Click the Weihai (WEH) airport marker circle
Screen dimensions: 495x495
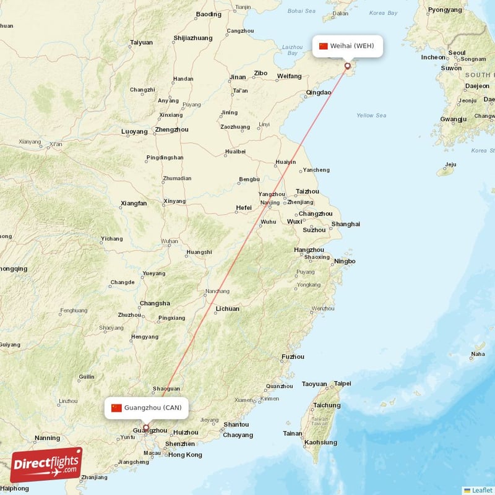pyautogui.click(x=347, y=66)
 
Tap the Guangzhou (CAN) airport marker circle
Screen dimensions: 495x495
pyautogui.click(x=146, y=427)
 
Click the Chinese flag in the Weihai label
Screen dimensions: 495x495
pyautogui.click(x=323, y=46)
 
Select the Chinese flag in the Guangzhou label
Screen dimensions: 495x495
pyautogui.click(x=116, y=407)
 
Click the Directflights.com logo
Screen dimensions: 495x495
pyautogui.click(x=46, y=465)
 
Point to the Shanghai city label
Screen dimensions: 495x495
pyautogui.click(x=345, y=224)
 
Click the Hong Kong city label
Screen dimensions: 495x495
pyautogui.click(x=185, y=455)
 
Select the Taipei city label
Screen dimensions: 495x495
pyautogui.click(x=342, y=384)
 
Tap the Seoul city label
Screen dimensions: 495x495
pyautogui.click(x=457, y=53)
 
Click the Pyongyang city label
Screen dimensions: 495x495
pyautogui.click(x=445, y=10)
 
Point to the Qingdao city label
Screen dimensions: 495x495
pyautogui.click(x=319, y=93)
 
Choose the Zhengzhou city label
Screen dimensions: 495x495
pyautogui.click(x=171, y=130)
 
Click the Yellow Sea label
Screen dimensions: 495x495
pyautogui.click(x=371, y=116)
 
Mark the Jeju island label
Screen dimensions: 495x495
pyautogui.click(x=450, y=165)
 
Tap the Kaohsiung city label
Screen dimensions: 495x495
pyautogui.click(x=321, y=442)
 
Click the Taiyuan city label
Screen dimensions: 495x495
pyautogui.click(x=141, y=43)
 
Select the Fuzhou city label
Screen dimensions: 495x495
pyautogui.click(x=293, y=356)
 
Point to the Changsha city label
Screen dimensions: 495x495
pyautogui.click(x=155, y=303)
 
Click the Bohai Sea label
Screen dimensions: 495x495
pyautogui.click(x=301, y=11)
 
